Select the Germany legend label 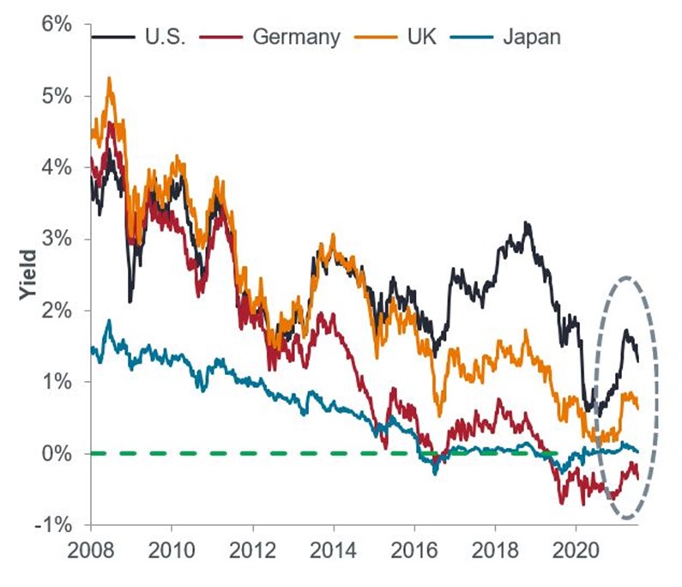point(297,38)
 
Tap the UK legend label point(423,38)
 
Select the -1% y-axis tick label point(50,524)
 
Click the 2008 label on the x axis point(91,547)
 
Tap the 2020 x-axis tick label point(576,547)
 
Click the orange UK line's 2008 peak point(109,78)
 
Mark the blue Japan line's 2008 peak point(108,321)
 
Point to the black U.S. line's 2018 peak point(526,223)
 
